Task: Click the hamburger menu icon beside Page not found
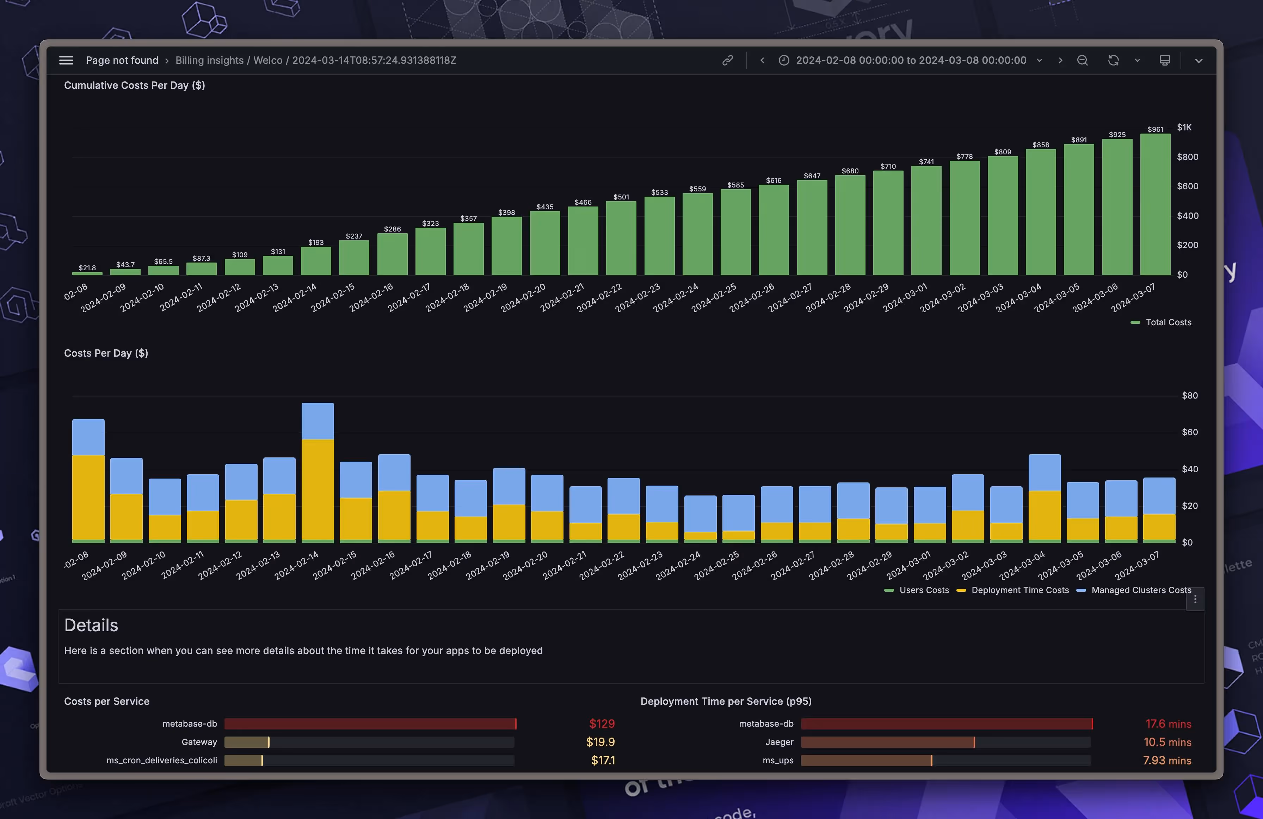click(x=66, y=60)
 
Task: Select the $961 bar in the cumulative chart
click(x=1155, y=204)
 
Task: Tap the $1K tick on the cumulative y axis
click(x=1184, y=127)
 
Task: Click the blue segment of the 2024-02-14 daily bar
click(x=318, y=421)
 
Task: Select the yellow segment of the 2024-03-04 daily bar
click(x=1045, y=515)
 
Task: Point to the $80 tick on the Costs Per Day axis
click(x=1189, y=395)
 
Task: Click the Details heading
click(x=91, y=625)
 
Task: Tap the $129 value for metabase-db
click(x=602, y=723)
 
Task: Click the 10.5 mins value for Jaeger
click(x=1167, y=742)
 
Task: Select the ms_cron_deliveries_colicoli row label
click(x=161, y=760)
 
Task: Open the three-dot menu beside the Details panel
click(x=1195, y=599)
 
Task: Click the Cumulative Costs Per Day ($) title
click(x=134, y=85)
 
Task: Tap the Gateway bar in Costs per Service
click(x=247, y=742)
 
